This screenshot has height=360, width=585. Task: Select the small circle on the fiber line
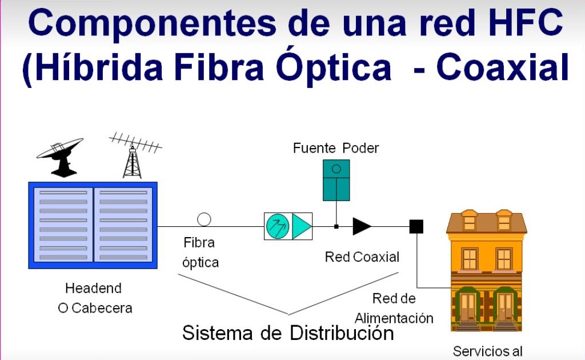(x=204, y=219)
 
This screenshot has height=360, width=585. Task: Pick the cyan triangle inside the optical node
(x=301, y=227)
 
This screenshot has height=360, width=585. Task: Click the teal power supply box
(x=336, y=180)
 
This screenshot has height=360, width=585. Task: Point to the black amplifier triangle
(x=361, y=226)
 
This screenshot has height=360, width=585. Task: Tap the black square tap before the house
(x=416, y=227)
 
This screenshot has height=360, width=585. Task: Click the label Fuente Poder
(x=336, y=148)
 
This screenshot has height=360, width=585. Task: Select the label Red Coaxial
(x=362, y=257)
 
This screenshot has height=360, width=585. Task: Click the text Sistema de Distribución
(x=288, y=333)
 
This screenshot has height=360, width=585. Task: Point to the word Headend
(x=93, y=289)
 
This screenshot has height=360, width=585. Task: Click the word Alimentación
(x=394, y=318)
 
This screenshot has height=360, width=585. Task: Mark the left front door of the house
(x=468, y=307)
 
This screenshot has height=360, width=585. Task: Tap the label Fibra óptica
(x=200, y=252)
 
